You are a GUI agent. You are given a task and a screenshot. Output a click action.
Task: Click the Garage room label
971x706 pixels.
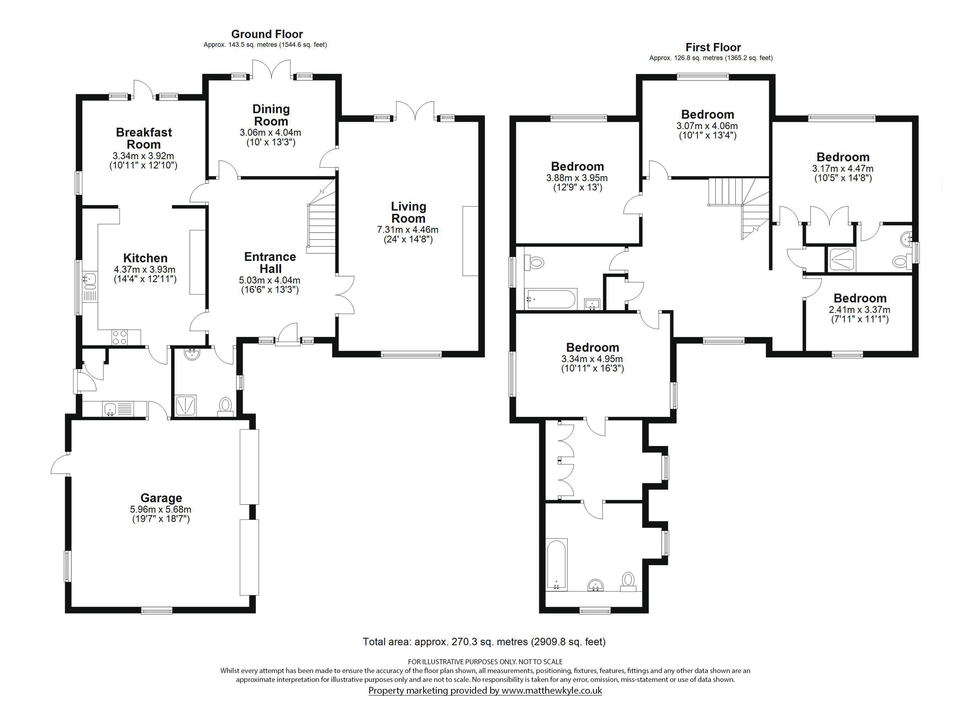pyautogui.click(x=162, y=498)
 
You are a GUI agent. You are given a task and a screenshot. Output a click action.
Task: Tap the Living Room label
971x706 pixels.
pyautogui.click(x=408, y=212)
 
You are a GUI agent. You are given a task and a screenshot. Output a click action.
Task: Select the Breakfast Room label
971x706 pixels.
pyautogui.click(x=144, y=138)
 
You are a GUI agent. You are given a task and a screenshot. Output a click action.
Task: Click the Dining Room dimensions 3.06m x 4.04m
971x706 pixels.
pyautogui.click(x=271, y=133)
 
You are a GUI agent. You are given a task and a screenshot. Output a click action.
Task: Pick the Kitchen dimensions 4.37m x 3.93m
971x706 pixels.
pyautogui.click(x=145, y=270)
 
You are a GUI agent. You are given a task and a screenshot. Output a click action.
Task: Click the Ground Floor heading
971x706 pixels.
pyautogui.click(x=267, y=34)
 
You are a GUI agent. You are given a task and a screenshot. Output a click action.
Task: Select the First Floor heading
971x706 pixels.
pyautogui.click(x=713, y=47)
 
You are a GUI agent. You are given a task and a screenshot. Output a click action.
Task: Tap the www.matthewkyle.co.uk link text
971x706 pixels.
pyautogui.click(x=552, y=691)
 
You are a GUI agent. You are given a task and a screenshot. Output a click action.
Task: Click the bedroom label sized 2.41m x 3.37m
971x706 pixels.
pyautogui.click(x=860, y=298)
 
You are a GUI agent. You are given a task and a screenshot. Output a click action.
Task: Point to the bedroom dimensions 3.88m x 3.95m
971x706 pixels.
pyautogui.click(x=577, y=178)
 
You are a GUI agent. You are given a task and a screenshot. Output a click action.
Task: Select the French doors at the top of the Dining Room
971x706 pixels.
pyautogui.click(x=271, y=69)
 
